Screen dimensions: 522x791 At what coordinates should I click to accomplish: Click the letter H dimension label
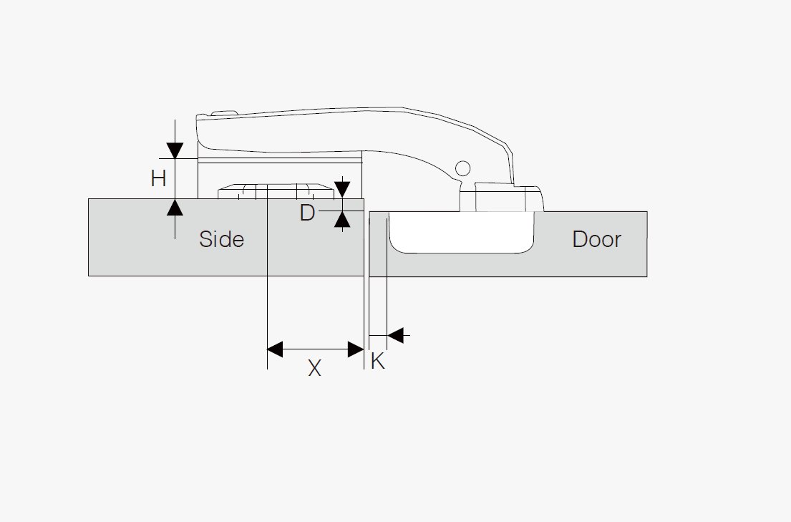(x=159, y=178)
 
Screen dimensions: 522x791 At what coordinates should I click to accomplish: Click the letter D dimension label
(x=307, y=213)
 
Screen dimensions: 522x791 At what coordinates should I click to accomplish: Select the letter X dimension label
(x=314, y=368)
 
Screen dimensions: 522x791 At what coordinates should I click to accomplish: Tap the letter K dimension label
(x=378, y=362)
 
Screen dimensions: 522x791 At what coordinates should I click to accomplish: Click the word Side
(x=221, y=239)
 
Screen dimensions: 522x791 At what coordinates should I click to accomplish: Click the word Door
(x=596, y=239)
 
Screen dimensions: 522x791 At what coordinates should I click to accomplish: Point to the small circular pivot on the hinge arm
(x=462, y=168)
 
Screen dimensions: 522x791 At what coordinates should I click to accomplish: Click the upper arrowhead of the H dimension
(x=175, y=150)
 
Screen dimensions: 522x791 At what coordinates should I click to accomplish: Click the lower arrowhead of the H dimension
(x=175, y=208)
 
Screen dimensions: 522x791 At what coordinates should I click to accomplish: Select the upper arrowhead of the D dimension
(x=342, y=190)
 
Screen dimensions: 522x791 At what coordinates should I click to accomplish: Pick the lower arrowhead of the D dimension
(x=342, y=221)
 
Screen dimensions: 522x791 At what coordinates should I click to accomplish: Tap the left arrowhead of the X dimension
(x=275, y=349)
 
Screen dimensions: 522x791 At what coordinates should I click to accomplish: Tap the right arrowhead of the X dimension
(x=356, y=349)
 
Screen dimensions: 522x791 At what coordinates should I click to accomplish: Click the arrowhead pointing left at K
(x=395, y=334)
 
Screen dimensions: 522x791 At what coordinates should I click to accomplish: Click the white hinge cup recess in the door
(x=462, y=232)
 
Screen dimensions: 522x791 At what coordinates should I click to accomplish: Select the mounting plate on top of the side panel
(x=276, y=192)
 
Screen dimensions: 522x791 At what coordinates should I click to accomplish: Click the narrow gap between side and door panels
(x=367, y=243)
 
